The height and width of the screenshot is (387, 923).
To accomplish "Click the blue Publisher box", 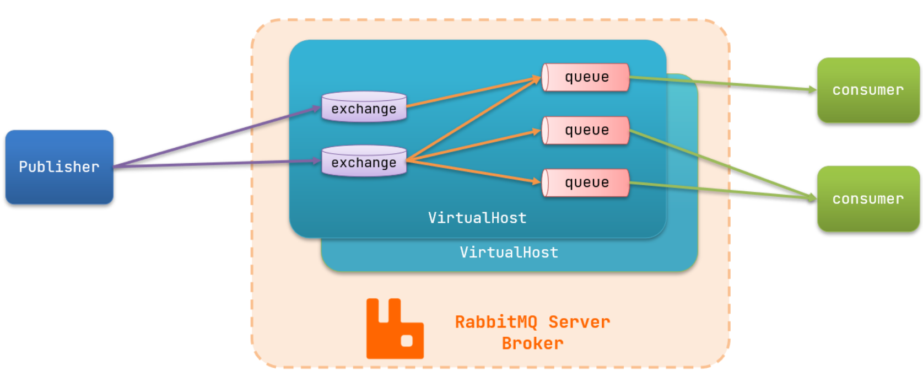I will (x=59, y=167).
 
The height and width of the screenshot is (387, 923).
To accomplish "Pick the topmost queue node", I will (x=586, y=77).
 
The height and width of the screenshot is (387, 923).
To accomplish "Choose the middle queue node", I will (x=586, y=130).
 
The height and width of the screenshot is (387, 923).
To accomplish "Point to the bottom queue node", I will (x=586, y=182).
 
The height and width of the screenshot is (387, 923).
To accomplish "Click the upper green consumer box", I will (x=868, y=90).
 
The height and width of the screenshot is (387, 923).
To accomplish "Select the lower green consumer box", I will (x=868, y=198).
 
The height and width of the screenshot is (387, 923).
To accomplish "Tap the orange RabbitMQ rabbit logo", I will (x=395, y=329).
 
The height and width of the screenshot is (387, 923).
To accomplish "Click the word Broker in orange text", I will (x=532, y=343).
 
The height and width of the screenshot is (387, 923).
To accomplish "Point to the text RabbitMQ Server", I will (x=532, y=322).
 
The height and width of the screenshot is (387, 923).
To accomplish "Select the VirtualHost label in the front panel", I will (x=477, y=218).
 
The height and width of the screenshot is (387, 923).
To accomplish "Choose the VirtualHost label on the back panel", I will (x=509, y=252).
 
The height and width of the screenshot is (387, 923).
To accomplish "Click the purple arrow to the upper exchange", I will (x=215, y=137).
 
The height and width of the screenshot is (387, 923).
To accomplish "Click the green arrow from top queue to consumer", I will (x=722, y=84).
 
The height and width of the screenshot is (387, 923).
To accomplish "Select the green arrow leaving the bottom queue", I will (x=722, y=190).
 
